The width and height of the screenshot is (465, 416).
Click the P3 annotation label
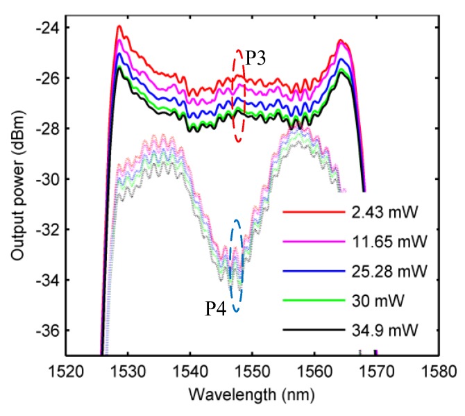click(256, 60)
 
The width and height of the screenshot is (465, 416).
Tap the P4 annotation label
click(217, 310)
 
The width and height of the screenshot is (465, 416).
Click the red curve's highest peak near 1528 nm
click(119, 26)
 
